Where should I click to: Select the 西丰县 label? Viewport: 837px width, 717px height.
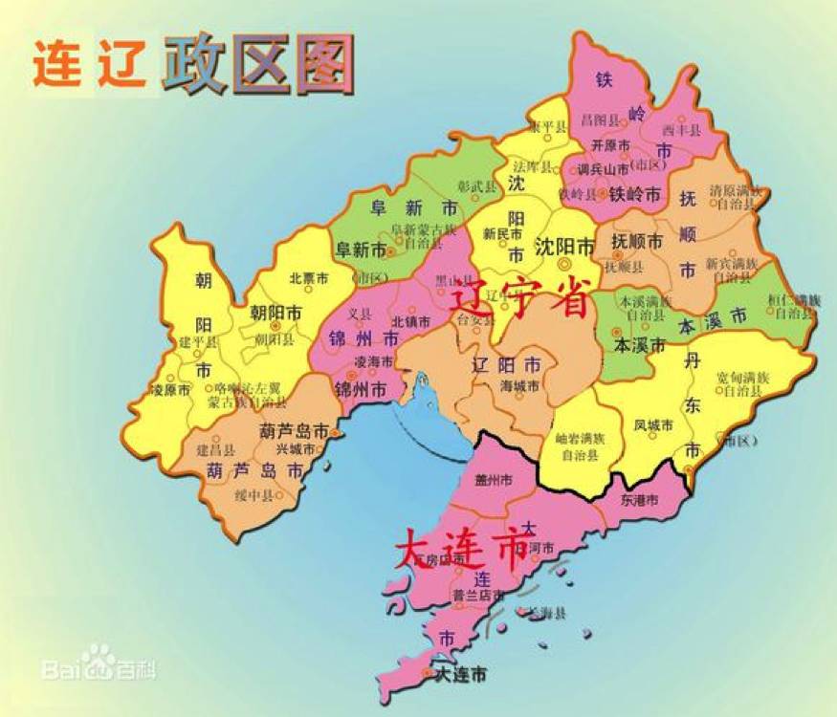coord(683,129)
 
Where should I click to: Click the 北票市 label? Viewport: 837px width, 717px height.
coord(308,279)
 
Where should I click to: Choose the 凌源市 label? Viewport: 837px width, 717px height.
coord(171,390)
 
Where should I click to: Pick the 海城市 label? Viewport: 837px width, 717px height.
coord(519,385)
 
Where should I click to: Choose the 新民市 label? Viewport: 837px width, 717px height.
coord(502,233)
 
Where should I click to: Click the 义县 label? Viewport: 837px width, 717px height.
coord(360,314)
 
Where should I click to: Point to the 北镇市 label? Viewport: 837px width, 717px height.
coord(410,322)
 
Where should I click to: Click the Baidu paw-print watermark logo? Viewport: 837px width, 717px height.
coord(98,660)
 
